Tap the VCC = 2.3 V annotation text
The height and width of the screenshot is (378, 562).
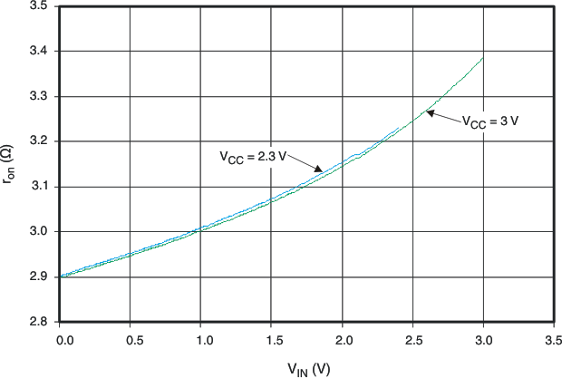coord(253,156)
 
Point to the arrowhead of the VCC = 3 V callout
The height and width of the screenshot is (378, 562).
coord(430,112)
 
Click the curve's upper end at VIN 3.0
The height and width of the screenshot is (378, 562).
coord(483,58)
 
